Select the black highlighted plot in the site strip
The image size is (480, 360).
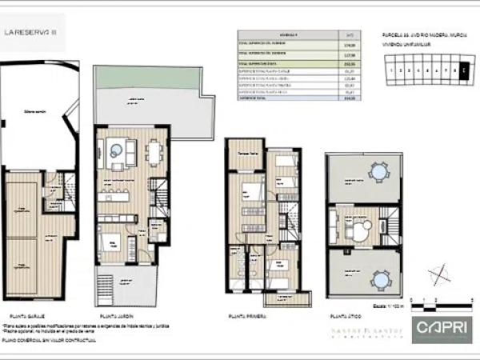464,70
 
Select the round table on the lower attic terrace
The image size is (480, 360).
380,278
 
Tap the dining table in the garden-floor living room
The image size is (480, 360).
153,150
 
